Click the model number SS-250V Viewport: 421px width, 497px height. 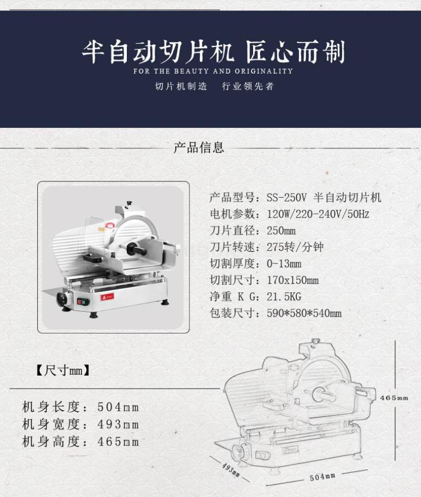click(286, 198)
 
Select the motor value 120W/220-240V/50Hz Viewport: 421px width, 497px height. click(318, 214)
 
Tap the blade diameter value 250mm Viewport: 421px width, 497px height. click(281, 231)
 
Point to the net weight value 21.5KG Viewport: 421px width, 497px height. click(284, 297)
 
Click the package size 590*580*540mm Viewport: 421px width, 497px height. click(304, 313)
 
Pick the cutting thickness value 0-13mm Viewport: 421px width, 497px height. click(284, 263)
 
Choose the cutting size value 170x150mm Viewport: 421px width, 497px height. click(293, 280)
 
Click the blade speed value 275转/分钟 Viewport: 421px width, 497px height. click(295, 247)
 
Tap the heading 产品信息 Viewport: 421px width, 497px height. click(199, 148)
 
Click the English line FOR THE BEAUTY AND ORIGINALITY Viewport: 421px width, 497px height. click(213, 72)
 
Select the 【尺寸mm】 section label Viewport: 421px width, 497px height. click(63, 370)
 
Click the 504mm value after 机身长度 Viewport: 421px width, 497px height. click(118, 407)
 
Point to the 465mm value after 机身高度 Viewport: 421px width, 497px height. click(118, 442)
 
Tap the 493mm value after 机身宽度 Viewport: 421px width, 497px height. click(118, 424)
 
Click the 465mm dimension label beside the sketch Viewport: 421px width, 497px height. click(394, 398)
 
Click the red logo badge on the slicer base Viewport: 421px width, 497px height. click(107, 297)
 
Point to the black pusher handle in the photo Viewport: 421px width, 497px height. click(136, 249)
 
